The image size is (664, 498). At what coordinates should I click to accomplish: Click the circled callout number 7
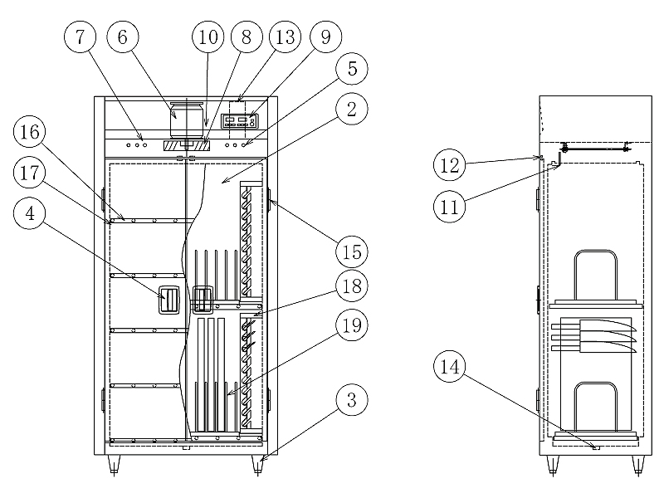(x=80, y=37)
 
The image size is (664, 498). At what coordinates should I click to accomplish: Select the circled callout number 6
(x=122, y=37)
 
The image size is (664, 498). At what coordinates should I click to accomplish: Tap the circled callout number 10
(x=208, y=37)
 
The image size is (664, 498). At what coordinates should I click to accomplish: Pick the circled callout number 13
(x=285, y=37)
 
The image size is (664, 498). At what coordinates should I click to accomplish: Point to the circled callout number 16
(x=30, y=132)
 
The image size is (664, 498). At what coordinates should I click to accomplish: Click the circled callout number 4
(x=30, y=213)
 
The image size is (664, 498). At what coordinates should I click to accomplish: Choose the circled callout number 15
(x=351, y=252)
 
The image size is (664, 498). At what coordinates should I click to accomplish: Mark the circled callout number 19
(x=351, y=325)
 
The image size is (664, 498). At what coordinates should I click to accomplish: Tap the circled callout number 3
(x=351, y=400)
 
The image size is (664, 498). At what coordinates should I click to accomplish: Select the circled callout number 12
(x=449, y=164)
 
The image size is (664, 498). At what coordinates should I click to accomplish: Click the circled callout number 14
(x=449, y=366)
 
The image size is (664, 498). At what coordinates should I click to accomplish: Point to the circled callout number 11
(x=449, y=207)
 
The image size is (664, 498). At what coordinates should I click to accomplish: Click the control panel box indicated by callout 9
(x=240, y=121)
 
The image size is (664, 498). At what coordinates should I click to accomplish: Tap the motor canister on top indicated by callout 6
(x=186, y=120)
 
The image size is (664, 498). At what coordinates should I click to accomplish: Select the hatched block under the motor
(x=186, y=146)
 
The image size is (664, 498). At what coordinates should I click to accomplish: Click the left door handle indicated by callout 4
(x=169, y=300)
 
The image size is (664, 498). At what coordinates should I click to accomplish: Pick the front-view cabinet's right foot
(x=257, y=465)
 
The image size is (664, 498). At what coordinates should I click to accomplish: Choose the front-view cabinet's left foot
(x=114, y=465)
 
